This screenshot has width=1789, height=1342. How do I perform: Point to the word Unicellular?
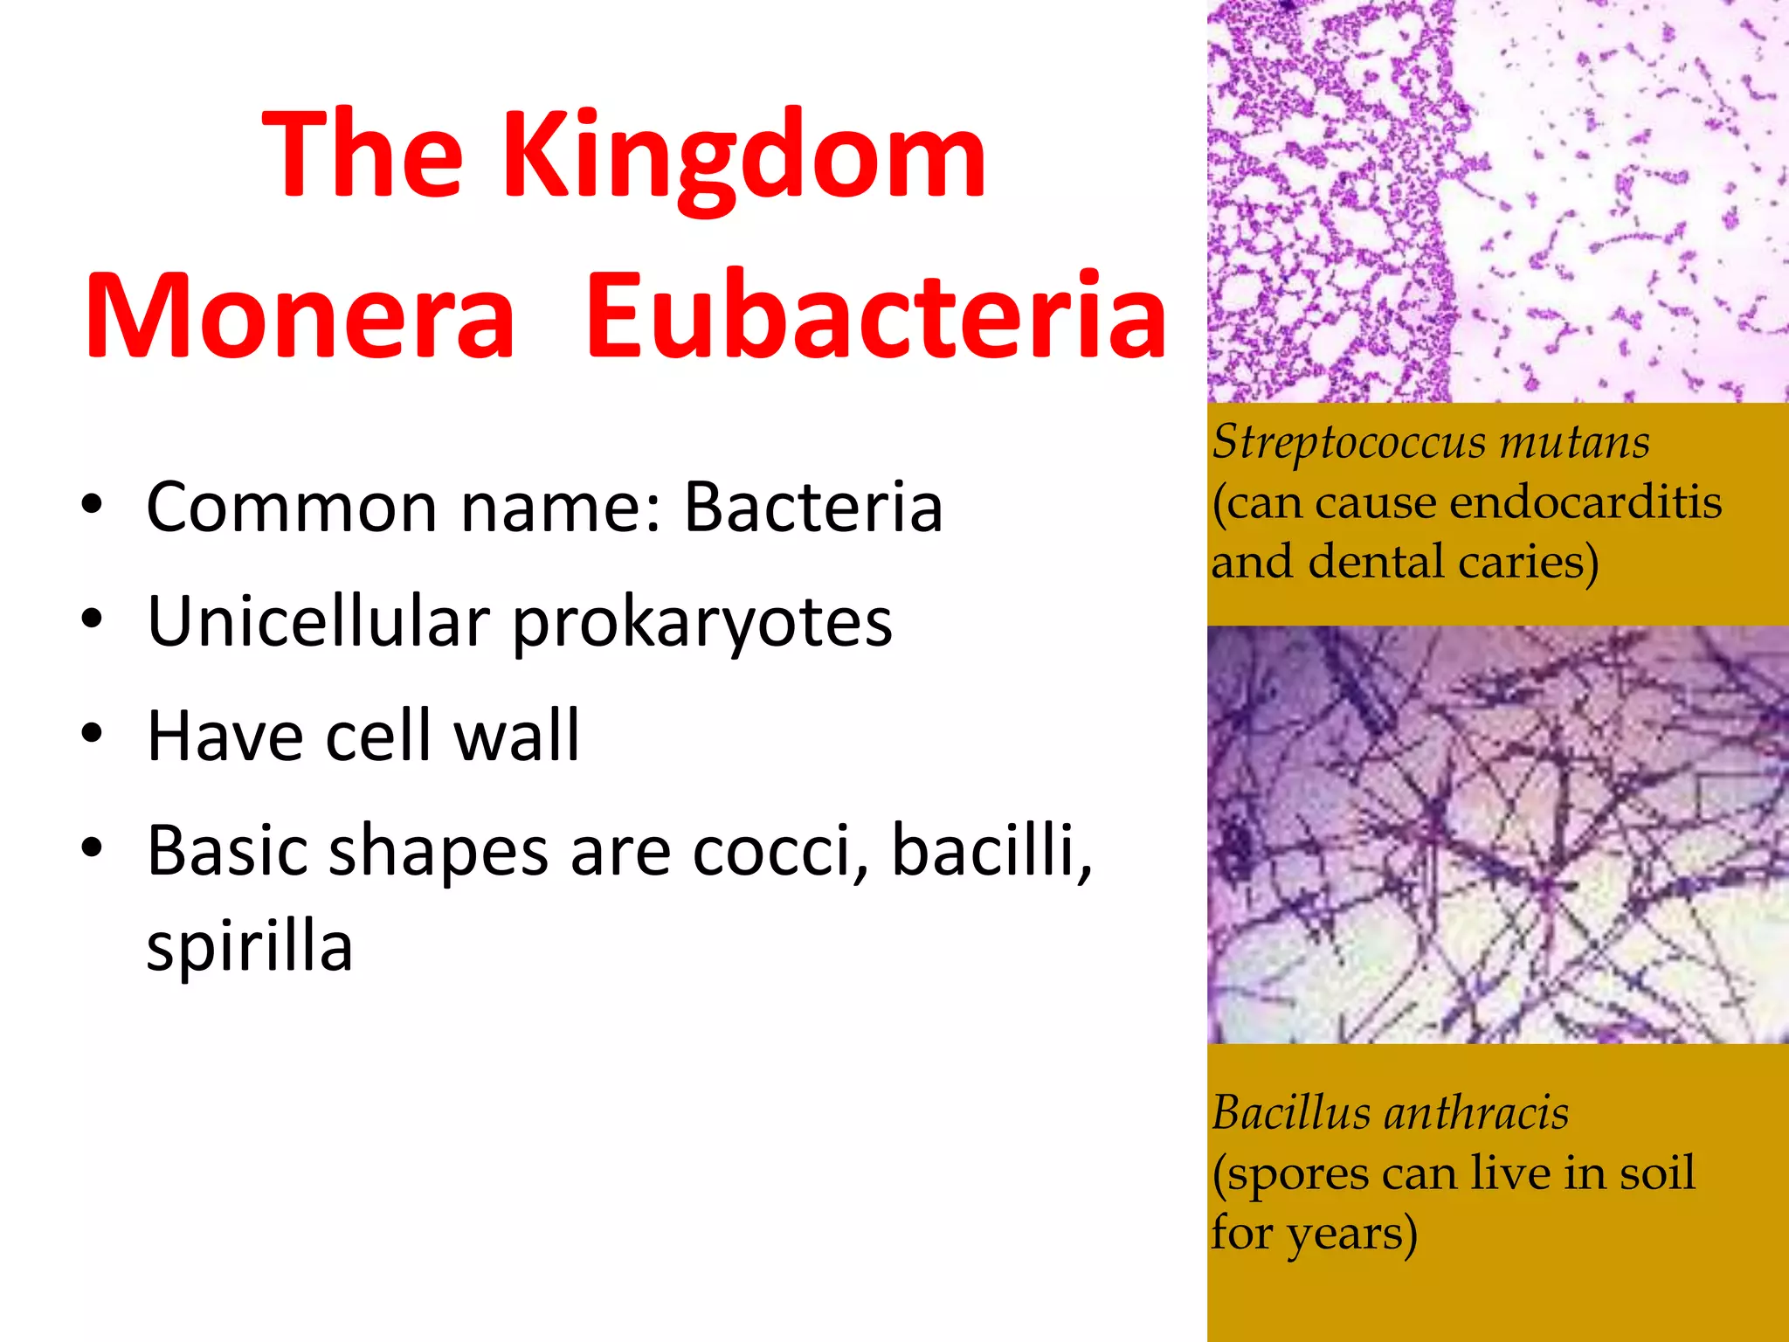tap(318, 621)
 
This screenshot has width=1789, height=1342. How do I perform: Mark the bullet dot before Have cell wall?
tap(92, 734)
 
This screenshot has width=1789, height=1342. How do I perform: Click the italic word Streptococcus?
tap(1349, 442)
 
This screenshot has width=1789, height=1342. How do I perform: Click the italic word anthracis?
tap(1476, 1113)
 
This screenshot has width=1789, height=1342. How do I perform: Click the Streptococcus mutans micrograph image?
tap(1497, 201)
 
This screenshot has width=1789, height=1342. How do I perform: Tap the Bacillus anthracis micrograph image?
tap(1497, 834)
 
